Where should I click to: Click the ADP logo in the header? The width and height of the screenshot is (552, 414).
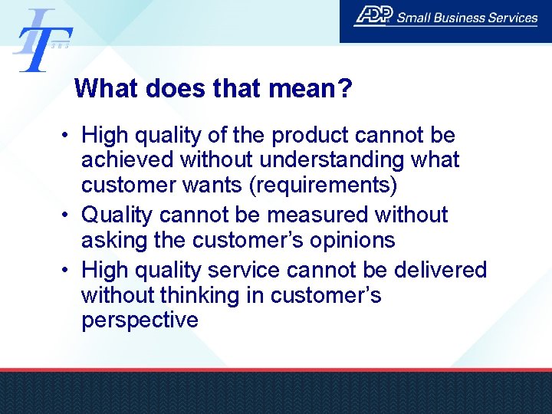(x=374, y=17)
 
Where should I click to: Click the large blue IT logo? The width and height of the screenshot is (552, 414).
(x=42, y=40)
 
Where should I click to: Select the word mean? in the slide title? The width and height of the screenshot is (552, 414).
(x=310, y=89)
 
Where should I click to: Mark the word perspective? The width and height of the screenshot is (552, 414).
(x=140, y=320)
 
